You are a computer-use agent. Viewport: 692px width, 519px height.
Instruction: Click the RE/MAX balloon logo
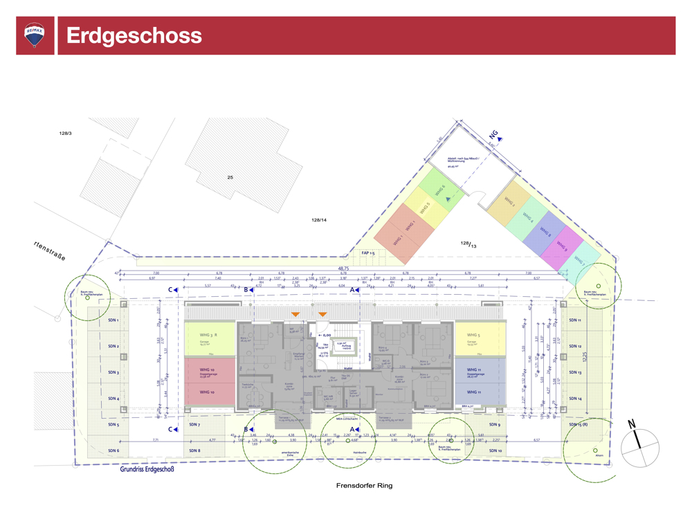tap(35, 35)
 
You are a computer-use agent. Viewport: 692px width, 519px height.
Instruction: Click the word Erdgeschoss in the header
tap(134, 36)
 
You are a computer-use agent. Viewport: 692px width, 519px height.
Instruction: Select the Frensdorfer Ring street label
tap(364, 486)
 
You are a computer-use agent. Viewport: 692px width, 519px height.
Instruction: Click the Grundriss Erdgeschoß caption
tap(147, 469)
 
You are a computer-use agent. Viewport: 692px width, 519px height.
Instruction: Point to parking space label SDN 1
tap(113, 320)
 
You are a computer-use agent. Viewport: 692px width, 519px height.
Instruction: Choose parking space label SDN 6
tap(113, 450)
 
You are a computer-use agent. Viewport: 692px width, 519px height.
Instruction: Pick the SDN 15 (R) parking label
tap(576, 425)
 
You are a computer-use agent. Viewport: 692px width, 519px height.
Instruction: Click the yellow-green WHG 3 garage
tap(210, 338)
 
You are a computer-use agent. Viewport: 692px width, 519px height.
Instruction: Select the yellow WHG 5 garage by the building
tap(479, 338)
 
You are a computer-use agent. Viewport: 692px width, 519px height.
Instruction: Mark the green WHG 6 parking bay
tap(440, 190)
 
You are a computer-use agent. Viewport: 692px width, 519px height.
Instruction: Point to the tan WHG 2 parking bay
tap(510, 203)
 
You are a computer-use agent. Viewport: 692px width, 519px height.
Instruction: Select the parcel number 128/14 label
tap(319, 220)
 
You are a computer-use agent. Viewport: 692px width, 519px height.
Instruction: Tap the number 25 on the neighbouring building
tap(230, 178)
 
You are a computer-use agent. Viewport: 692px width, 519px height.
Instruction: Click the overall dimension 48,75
tap(343, 268)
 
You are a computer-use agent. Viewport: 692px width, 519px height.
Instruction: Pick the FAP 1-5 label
tap(368, 253)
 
